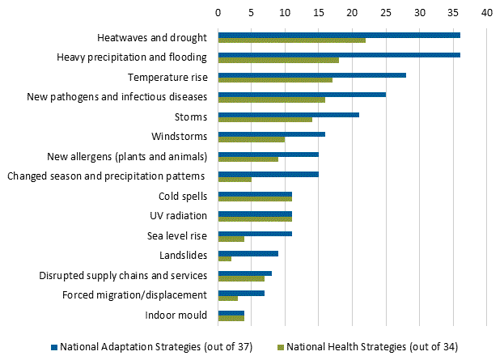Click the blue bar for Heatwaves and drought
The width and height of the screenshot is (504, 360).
pyautogui.click(x=339, y=35)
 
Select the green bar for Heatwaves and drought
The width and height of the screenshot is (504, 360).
pyautogui.click(x=291, y=40)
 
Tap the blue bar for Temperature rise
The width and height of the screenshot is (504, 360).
pyautogui.click(x=311, y=74)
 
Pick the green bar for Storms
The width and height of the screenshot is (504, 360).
pyautogui.click(x=265, y=120)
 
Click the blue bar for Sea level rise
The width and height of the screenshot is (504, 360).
pyautogui.click(x=255, y=233)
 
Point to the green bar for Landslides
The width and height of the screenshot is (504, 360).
pyautogui.click(x=224, y=259)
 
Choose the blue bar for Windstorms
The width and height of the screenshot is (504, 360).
pyautogui.click(x=271, y=134)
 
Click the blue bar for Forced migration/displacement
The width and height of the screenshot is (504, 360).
pyautogui.click(x=241, y=292)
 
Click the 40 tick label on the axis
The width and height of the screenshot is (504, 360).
pyautogui.click(x=486, y=13)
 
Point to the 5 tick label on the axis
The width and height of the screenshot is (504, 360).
pyautogui.click(x=252, y=13)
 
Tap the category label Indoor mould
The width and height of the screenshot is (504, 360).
pyautogui.click(x=176, y=315)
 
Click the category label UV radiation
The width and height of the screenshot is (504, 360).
pyautogui.click(x=179, y=216)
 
